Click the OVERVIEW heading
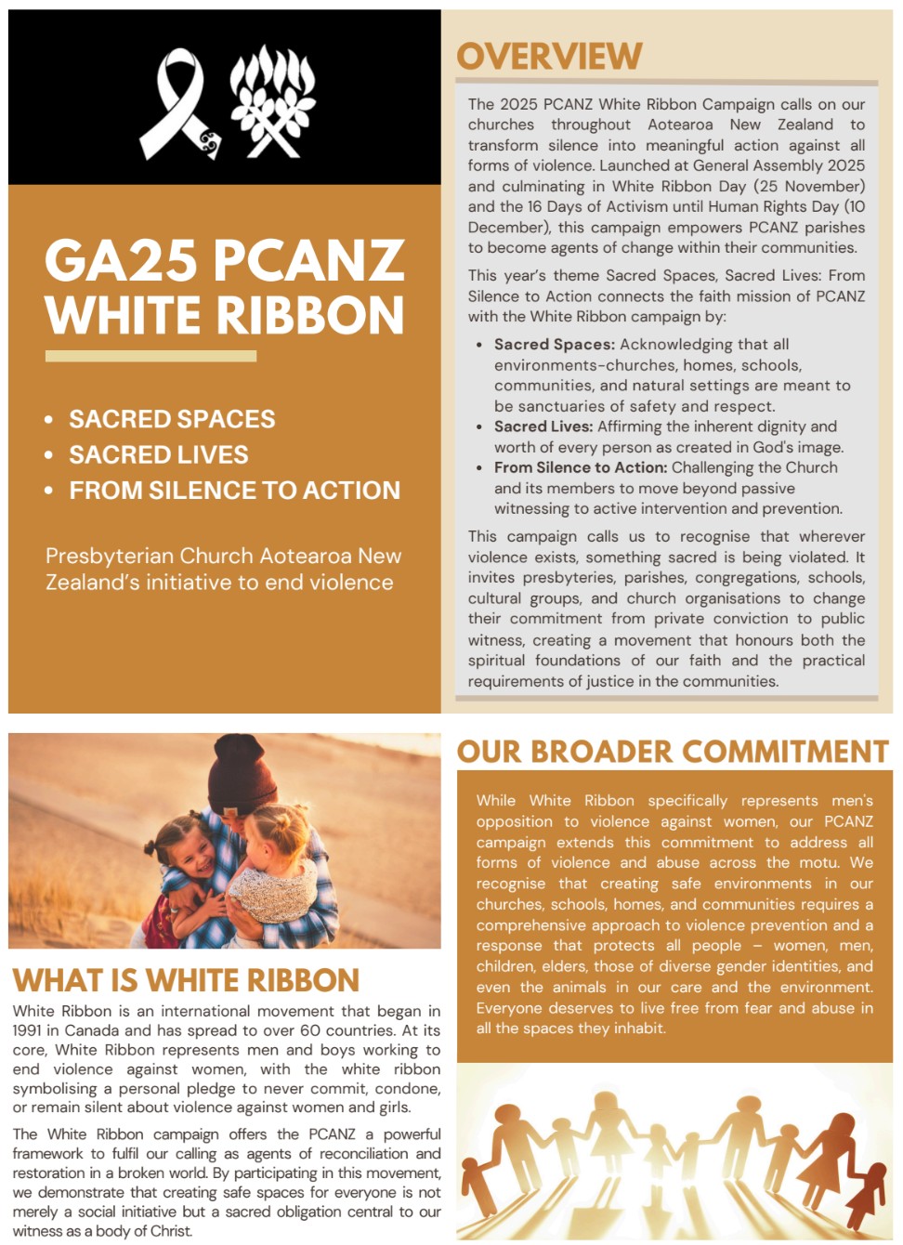tap(549, 57)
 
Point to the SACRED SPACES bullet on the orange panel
tap(172, 419)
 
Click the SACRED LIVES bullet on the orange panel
tap(159, 454)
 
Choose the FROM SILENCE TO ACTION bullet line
tap(234, 490)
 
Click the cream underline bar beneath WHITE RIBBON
tap(150, 356)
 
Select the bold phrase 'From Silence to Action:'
tap(580, 467)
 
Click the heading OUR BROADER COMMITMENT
tap(673, 752)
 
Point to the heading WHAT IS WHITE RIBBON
tap(186, 980)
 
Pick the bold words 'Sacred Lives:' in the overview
tap(543, 426)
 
